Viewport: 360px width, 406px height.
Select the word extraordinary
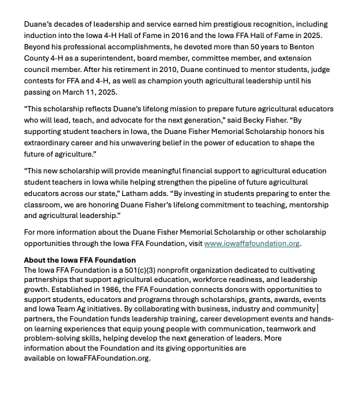(51, 143)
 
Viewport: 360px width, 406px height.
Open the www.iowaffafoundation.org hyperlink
(251, 243)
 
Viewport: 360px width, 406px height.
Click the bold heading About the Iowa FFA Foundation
(79, 260)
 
